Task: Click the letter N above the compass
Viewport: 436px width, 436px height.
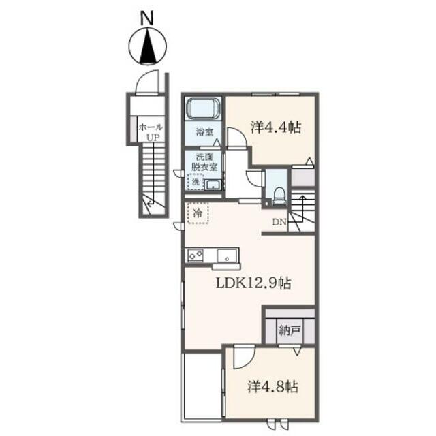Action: tap(147, 19)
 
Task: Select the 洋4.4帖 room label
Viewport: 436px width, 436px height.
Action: tap(276, 127)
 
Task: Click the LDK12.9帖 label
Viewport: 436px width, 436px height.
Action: tap(253, 283)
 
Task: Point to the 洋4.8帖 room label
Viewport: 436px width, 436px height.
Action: tap(272, 386)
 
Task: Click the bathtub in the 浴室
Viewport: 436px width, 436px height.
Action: tap(203, 109)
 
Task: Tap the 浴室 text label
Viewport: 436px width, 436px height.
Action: tap(204, 132)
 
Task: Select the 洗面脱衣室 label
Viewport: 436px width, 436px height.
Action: tap(204, 162)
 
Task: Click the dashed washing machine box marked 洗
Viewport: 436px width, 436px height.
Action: tap(196, 182)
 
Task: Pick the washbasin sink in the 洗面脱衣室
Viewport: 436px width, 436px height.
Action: tap(213, 185)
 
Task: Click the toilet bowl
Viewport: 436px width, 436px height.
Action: tap(279, 195)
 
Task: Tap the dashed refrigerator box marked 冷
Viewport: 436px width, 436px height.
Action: tap(198, 213)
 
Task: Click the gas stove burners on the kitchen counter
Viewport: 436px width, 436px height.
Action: tap(196, 255)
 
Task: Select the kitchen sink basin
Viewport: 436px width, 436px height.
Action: tap(227, 255)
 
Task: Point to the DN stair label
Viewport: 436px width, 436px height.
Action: tap(279, 222)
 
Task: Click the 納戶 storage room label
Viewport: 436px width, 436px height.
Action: tap(290, 331)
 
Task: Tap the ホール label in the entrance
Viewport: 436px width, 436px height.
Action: tap(151, 127)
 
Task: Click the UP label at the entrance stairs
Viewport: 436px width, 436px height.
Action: tap(153, 138)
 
